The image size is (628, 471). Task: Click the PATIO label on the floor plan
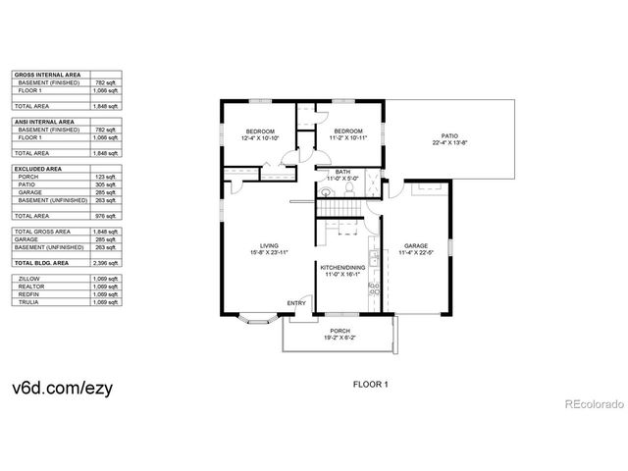[x=450, y=136]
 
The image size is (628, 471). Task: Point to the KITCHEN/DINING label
[x=342, y=267]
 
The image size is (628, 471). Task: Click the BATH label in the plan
[x=342, y=172]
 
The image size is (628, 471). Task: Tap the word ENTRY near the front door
[x=296, y=302]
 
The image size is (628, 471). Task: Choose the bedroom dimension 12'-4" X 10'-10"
[x=260, y=137]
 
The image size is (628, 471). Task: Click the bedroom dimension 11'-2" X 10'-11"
[x=347, y=137]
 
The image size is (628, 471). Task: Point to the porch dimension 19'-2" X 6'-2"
[x=341, y=338]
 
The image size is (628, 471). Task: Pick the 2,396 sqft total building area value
[x=107, y=264]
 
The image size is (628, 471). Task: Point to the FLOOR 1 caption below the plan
[x=371, y=385]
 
